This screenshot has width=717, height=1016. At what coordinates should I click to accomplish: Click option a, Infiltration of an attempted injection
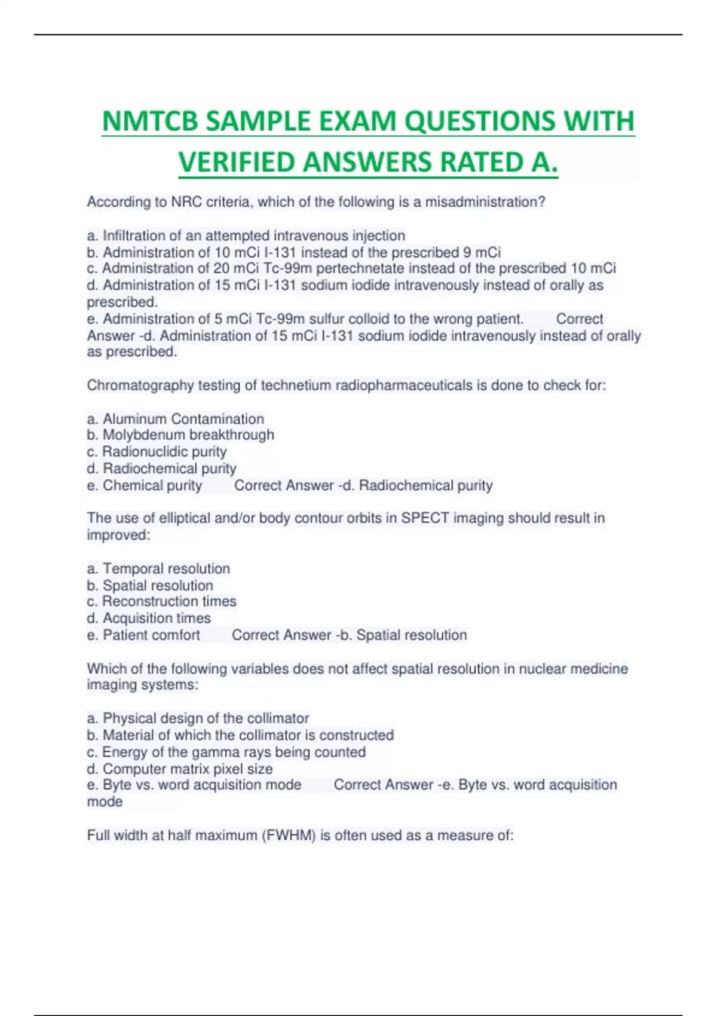click(x=246, y=235)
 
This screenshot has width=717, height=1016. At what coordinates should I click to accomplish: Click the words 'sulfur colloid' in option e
click(x=348, y=319)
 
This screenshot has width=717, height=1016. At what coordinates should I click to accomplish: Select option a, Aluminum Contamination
click(x=176, y=419)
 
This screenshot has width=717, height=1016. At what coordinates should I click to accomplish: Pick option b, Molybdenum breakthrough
click(x=180, y=434)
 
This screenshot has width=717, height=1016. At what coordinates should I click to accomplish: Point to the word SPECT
click(x=425, y=518)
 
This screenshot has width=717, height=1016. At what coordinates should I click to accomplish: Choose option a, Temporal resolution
click(x=158, y=568)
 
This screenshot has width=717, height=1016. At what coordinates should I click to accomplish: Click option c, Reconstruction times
click(x=161, y=601)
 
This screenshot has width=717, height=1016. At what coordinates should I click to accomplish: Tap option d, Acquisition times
click(x=149, y=618)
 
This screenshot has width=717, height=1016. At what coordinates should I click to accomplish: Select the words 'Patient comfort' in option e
click(x=151, y=635)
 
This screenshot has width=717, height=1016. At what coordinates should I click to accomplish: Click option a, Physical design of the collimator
click(x=198, y=718)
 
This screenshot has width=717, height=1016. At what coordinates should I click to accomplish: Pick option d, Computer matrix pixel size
click(x=180, y=769)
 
